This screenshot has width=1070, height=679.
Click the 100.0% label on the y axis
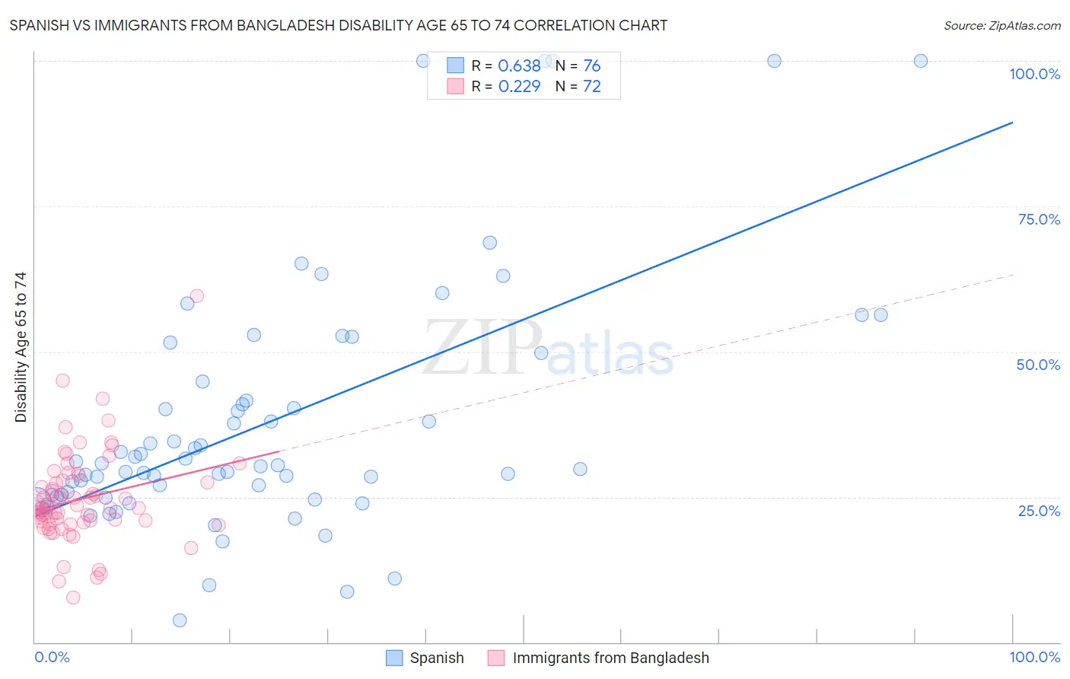click(1034, 74)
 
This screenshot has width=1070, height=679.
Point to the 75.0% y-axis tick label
click(1039, 219)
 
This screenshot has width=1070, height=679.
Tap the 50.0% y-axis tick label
click(1038, 365)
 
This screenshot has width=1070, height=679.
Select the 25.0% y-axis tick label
click(1039, 510)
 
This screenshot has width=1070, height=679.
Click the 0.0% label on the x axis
click(52, 657)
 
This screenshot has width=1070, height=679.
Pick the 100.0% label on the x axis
click(1034, 657)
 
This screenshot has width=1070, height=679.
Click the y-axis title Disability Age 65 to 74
click(21, 347)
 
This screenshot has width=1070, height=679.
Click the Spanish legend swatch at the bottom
click(394, 658)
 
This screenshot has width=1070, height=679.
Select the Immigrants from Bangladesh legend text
click(610, 658)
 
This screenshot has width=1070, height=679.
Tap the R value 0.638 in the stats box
click(519, 65)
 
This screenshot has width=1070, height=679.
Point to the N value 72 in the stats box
click(591, 86)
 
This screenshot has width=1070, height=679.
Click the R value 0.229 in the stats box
click(519, 86)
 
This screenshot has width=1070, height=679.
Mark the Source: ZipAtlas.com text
click(1002, 25)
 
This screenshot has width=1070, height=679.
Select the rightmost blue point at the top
click(920, 61)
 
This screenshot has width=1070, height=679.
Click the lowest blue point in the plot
click(180, 620)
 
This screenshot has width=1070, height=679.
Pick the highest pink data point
click(196, 296)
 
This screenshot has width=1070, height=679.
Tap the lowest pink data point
click(73, 598)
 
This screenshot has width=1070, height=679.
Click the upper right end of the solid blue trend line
click(1012, 122)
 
